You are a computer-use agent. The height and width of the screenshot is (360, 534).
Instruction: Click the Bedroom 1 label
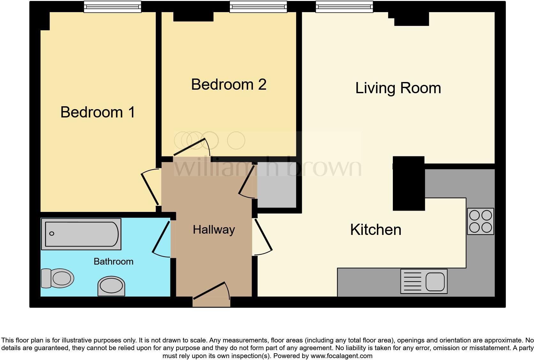pos(98,112)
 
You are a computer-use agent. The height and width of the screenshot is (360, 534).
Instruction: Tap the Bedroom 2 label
pos(229,85)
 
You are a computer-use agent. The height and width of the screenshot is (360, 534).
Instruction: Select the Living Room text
pos(398,88)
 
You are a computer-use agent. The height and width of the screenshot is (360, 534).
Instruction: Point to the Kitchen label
pos(376,230)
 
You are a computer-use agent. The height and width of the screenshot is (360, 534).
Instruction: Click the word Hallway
pos(214,230)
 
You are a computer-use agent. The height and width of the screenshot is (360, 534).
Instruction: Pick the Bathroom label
pos(113,262)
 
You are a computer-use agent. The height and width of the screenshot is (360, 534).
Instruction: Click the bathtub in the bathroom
pos(81,234)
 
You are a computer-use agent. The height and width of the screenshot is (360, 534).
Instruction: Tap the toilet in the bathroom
pos(57,278)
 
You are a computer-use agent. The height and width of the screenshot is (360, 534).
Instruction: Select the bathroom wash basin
pos(111,285)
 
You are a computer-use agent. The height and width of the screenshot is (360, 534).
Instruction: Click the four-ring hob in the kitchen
pos(480,221)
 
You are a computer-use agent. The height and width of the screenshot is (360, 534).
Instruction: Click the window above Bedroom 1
pos(112,7)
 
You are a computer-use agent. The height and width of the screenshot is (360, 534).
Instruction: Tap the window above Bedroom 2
pos(258,7)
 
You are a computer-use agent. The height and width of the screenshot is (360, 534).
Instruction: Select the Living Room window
pos(344,7)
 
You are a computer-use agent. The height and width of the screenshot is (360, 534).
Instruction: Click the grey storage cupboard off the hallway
pos(277,185)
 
